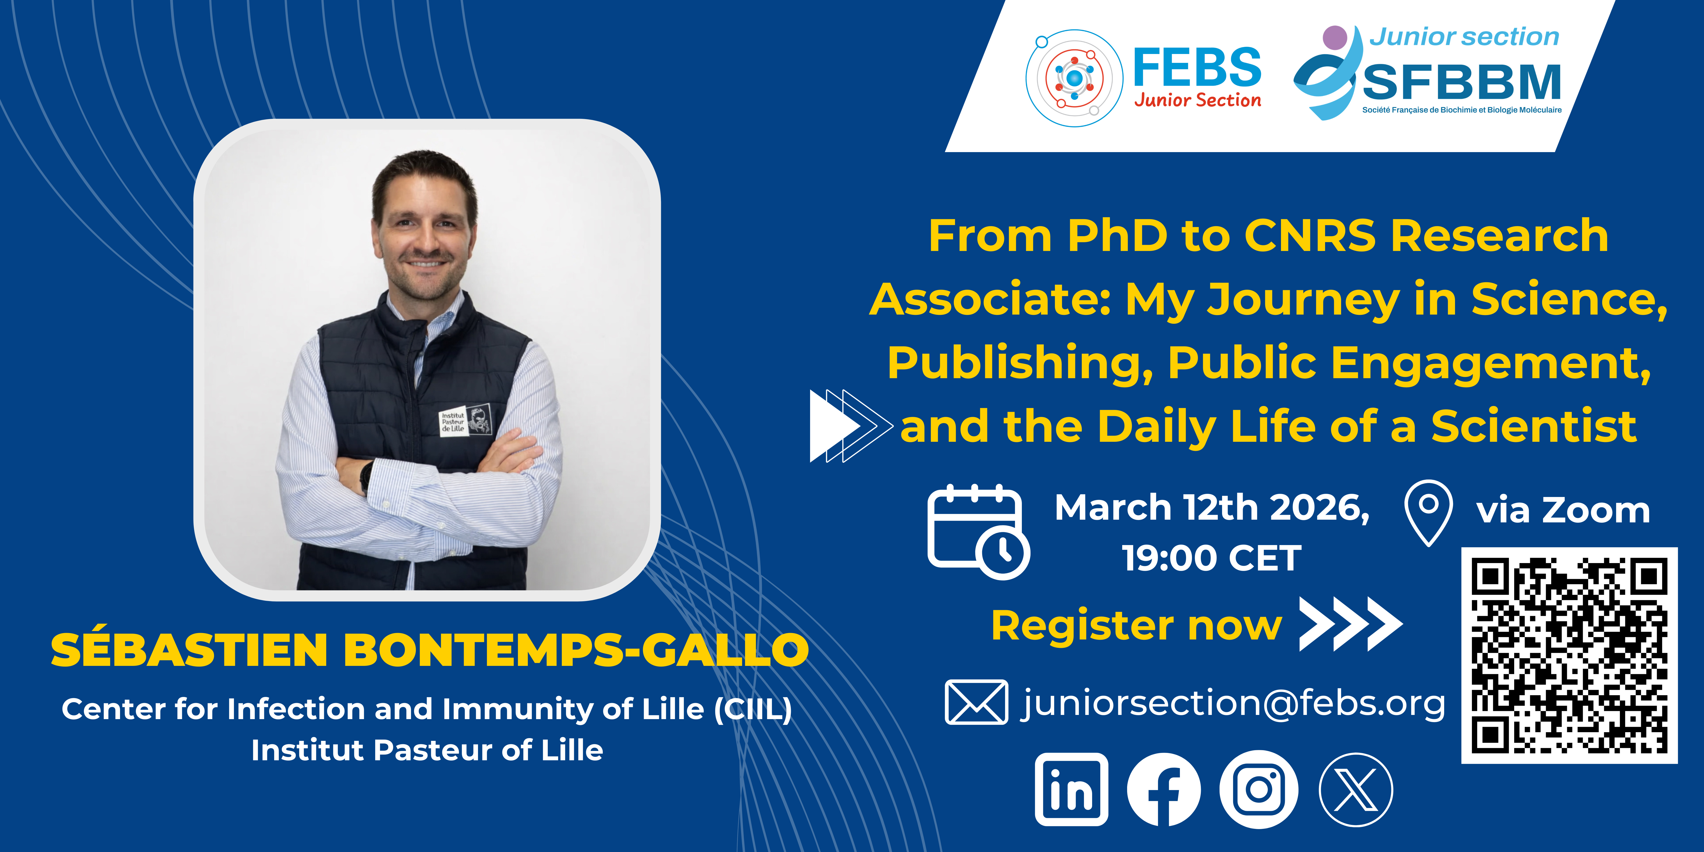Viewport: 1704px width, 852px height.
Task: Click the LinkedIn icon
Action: (1072, 789)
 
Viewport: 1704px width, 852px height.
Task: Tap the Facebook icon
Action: (1164, 789)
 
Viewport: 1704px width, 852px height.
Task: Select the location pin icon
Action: (1428, 513)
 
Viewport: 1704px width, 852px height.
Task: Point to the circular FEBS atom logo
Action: (1074, 78)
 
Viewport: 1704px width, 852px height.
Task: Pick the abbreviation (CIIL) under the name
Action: (753, 709)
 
